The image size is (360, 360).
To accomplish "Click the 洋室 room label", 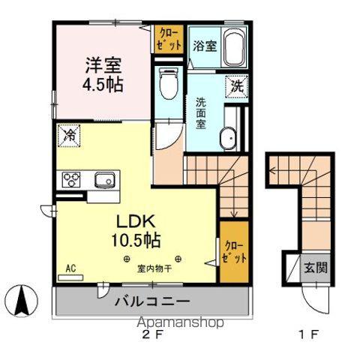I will [x=103, y=65].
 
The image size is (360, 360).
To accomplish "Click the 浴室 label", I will [x=205, y=46].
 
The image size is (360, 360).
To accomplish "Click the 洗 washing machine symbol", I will [x=236, y=86].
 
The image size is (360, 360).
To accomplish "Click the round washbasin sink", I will [x=227, y=138].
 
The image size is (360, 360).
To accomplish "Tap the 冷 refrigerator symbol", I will [x=68, y=136].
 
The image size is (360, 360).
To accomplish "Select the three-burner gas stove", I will [x=72, y=179].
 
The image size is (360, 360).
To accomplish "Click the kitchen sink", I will [x=103, y=179].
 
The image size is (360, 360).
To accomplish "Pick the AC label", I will [x=70, y=268].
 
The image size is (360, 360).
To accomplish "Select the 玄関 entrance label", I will [x=314, y=267].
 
